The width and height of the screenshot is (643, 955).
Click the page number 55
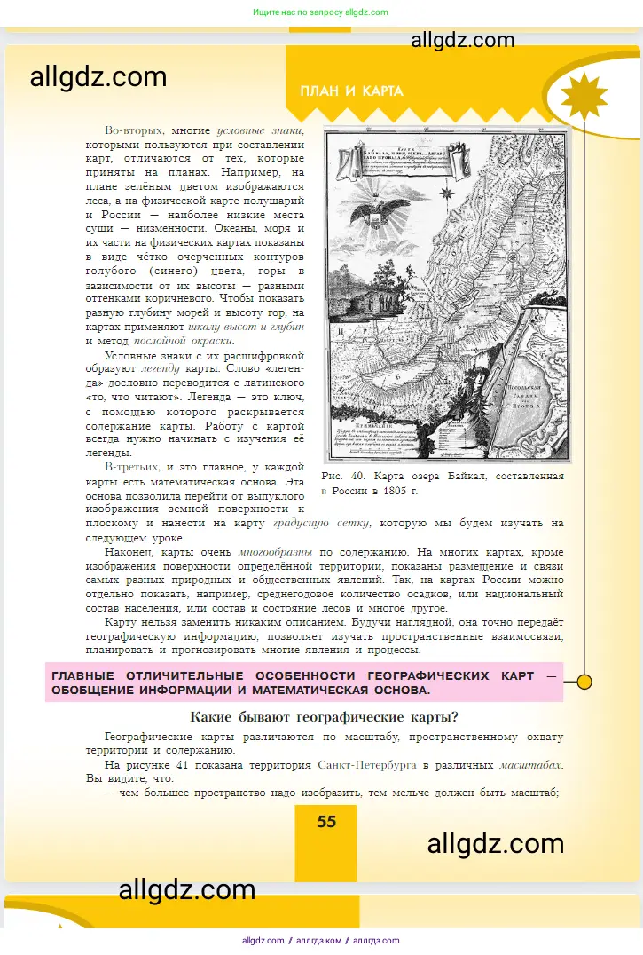tap(326, 821)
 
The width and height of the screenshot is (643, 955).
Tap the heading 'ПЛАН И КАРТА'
tap(351, 91)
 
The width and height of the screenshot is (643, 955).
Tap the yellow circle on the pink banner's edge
tap(584, 682)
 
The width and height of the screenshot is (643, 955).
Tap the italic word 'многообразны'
tap(276, 551)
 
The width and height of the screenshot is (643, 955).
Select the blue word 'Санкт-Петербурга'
tap(363, 764)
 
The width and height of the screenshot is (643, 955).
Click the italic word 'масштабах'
tap(529, 764)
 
